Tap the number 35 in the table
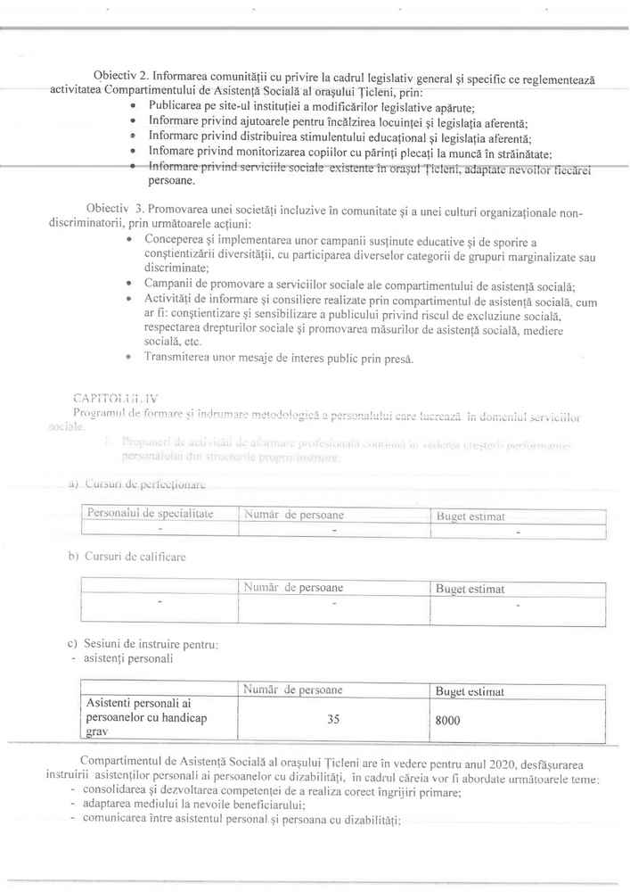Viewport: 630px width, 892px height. coord(333,719)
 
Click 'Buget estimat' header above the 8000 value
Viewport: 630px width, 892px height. coord(470,691)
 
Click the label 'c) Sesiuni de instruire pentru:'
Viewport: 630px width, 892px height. coord(143,643)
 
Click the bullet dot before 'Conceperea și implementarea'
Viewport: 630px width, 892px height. coord(131,240)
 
